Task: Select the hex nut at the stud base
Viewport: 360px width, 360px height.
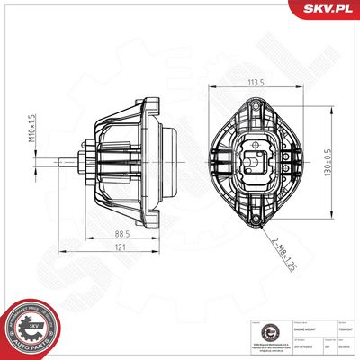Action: click(84, 164)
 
